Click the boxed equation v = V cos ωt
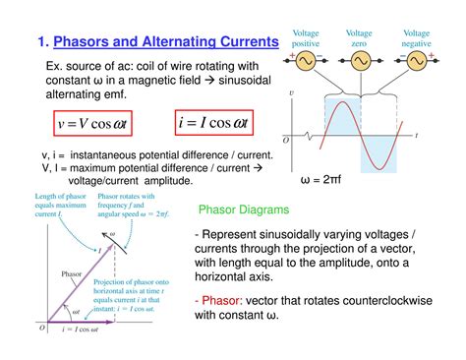pos(94,125)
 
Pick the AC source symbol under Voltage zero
pos(360,61)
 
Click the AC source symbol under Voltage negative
pos(417,61)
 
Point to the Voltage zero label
pos(360,38)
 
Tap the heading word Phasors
pos(86,41)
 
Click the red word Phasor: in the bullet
pos(224,300)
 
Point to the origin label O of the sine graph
pos(286,140)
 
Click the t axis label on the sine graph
pos(443,133)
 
